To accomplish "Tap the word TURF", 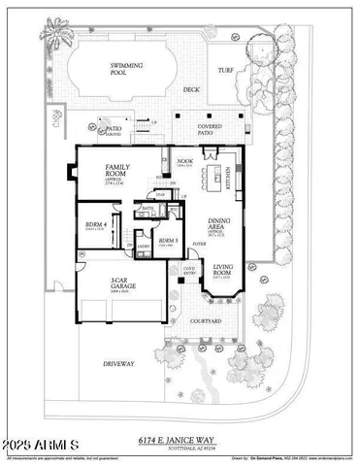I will (x=226, y=71).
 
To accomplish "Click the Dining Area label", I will (x=215, y=225).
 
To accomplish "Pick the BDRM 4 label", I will (x=95, y=225).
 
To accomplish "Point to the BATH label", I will (x=148, y=208).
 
